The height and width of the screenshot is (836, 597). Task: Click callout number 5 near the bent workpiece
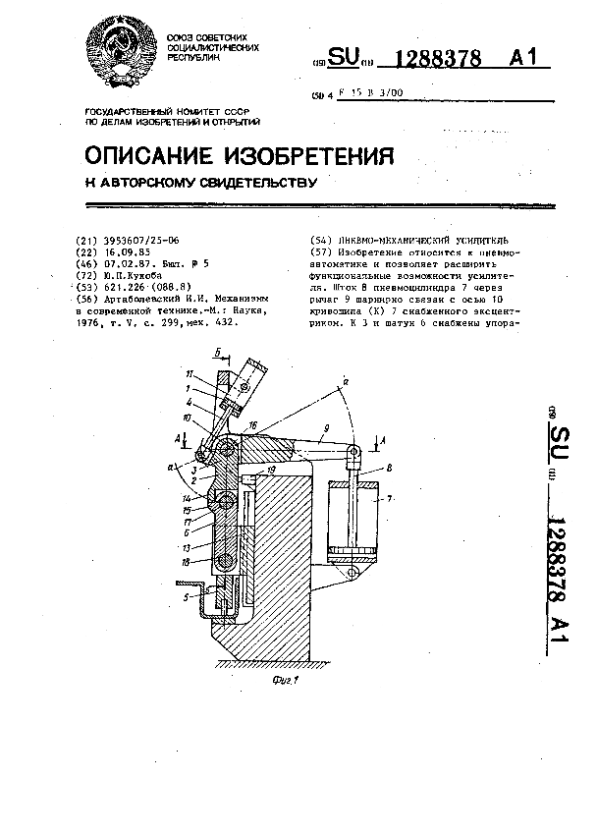click(186, 595)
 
